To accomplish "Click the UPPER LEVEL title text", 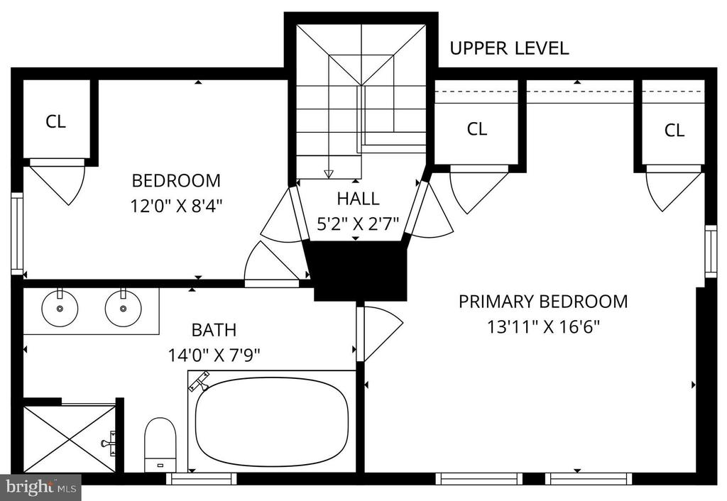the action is click(509, 48).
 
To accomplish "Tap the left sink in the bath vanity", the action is click(60, 307).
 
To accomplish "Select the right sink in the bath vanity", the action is click(123, 307).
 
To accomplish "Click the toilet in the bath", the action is click(160, 445).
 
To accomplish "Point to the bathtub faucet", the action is click(199, 382).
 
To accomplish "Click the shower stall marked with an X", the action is click(69, 439).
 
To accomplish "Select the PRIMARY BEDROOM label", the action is click(543, 302).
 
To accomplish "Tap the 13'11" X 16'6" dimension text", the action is click(543, 326).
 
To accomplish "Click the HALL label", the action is click(358, 199).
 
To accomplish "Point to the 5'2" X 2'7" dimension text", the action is click(358, 224).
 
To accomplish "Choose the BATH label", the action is click(214, 330).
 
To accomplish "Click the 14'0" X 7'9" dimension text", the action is click(214, 356).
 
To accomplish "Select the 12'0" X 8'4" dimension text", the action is click(176, 205).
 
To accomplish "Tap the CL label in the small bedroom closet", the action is click(55, 121).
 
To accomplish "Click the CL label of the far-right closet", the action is click(674, 131).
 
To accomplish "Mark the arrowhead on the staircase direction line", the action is click(329, 175).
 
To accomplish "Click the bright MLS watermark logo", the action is click(40, 487).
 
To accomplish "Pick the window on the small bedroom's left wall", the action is click(17, 233).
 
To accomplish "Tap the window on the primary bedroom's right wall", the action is click(710, 251).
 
